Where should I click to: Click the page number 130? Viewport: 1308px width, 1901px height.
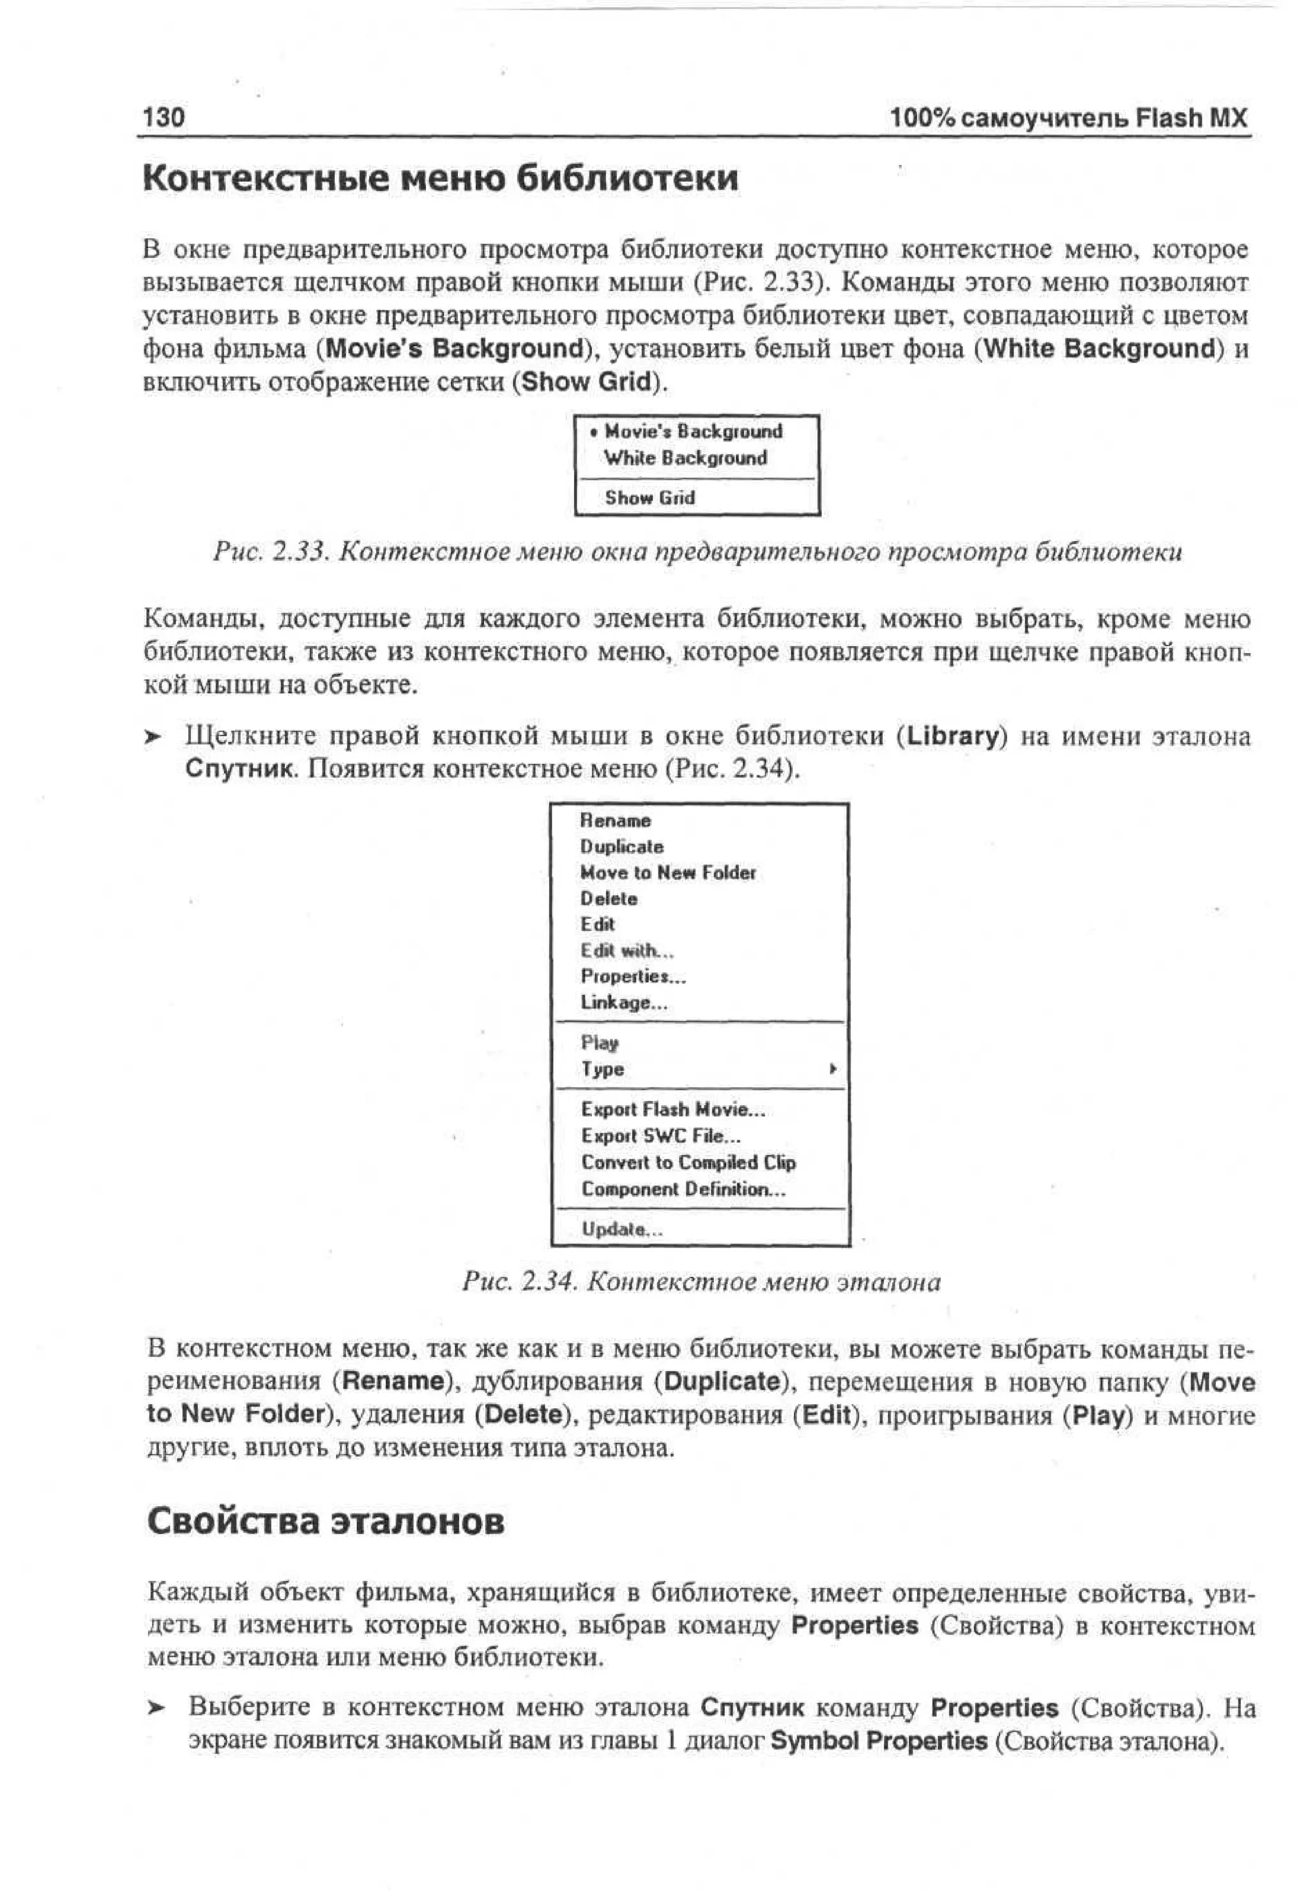[x=164, y=117]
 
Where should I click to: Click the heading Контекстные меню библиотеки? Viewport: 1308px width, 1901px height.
[x=440, y=179]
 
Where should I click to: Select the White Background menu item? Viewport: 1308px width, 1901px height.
[x=685, y=458]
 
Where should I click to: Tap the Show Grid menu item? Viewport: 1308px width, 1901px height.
[x=649, y=497]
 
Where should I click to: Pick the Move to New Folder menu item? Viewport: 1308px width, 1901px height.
[x=667, y=873]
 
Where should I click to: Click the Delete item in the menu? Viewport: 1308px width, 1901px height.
[x=608, y=899]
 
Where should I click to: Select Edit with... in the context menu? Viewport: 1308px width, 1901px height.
[x=627, y=950]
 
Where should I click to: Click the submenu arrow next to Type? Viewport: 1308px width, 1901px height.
[x=833, y=1070]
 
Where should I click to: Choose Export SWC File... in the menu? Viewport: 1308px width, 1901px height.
[x=660, y=1137]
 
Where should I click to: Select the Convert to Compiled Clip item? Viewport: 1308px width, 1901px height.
[x=688, y=1163]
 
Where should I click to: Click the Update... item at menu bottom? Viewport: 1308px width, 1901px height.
[x=621, y=1229]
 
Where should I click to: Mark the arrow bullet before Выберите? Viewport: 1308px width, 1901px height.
[x=156, y=1708]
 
